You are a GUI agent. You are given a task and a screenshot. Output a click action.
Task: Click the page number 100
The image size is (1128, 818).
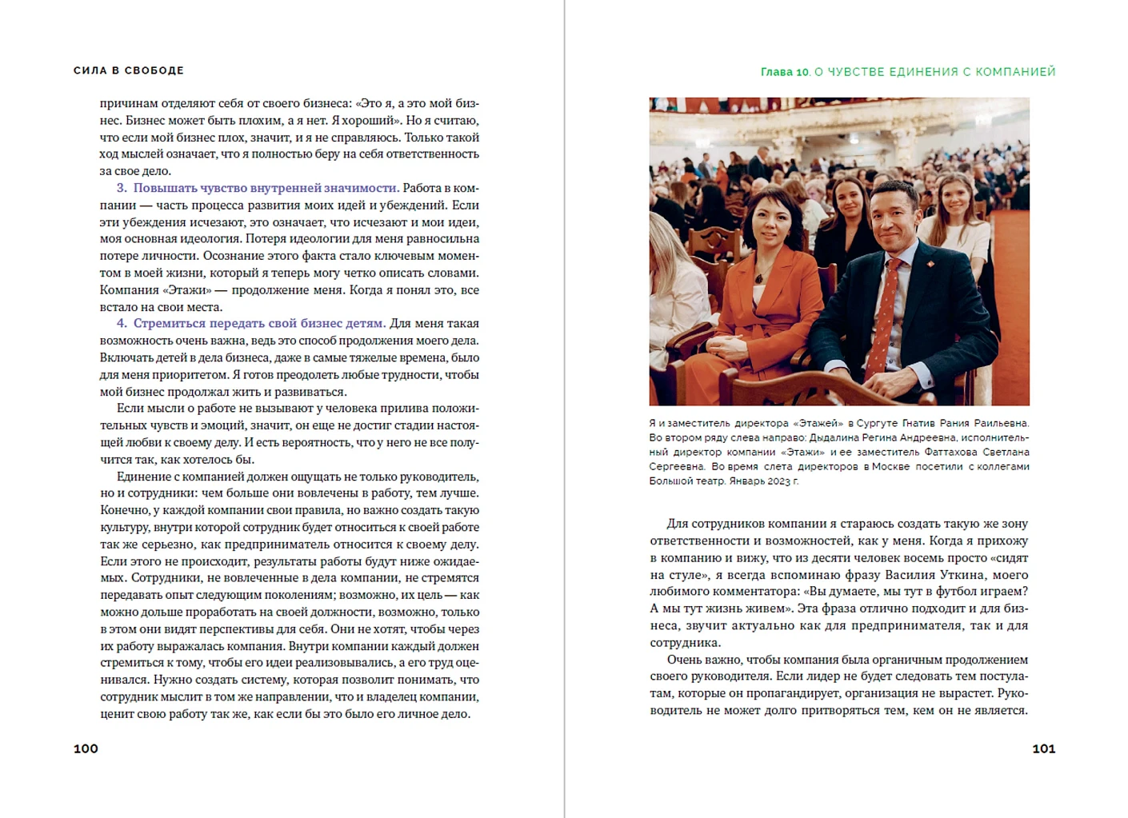[x=86, y=748]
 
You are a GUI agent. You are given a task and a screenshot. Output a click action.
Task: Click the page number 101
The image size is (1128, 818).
[x=1043, y=748]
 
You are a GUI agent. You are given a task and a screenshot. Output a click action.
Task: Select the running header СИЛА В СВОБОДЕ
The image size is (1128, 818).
[x=129, y=70]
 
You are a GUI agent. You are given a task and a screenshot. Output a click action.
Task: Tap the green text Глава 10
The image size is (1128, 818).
[x=785, y=72]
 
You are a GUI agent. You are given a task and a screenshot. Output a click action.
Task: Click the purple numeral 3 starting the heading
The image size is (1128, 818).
[x=122, y=188]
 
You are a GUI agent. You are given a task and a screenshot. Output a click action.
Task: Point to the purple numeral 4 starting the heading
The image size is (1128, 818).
[x=122, y=323]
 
